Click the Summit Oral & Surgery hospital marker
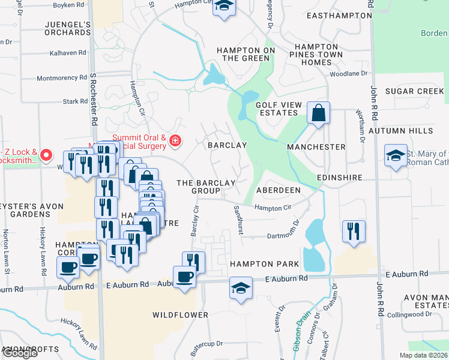(x=175, y=142)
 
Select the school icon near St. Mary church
(x=396, y=155)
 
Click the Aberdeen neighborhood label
(x=279, y=190)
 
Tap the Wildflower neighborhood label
(x=180, y=315)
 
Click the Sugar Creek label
(x=414, y=91)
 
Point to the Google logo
(x=20, y=353)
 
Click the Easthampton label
(x=335, y=17)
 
